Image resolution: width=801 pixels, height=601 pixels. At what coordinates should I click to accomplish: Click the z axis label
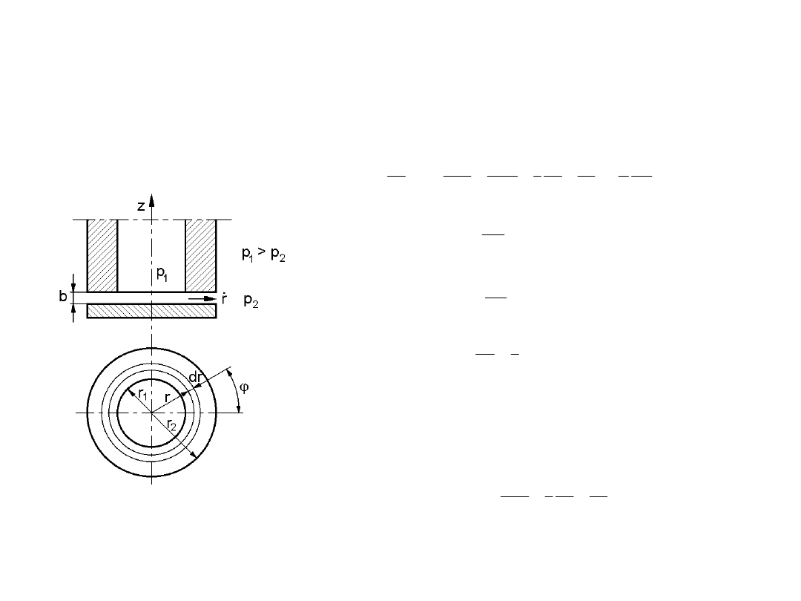click(141, 206)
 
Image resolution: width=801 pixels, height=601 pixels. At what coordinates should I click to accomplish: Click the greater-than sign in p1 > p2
click(263, 252)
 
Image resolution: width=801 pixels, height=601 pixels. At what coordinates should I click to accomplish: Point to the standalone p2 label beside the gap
click(251, 300)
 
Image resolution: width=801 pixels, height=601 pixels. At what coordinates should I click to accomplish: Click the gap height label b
click(63, 296)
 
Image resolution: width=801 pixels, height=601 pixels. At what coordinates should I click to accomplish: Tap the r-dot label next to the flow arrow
click(224, 299)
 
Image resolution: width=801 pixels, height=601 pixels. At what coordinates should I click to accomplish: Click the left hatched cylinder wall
click(102, 255)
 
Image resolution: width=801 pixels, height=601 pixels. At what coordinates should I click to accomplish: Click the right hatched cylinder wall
click(201, 255)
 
